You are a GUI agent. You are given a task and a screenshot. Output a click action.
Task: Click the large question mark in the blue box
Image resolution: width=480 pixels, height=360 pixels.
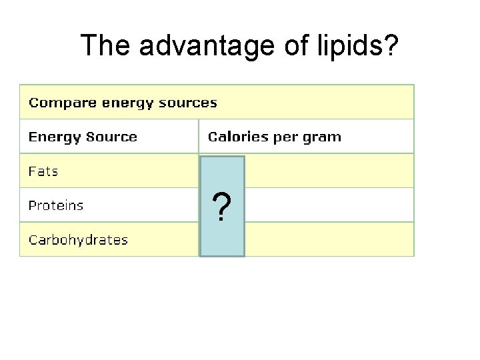(223, 207)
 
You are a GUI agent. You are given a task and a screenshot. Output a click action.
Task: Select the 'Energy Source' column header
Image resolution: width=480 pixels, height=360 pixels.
(83, 137)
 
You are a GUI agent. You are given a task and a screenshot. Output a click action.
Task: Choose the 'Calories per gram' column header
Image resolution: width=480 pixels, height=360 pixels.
(274, 137)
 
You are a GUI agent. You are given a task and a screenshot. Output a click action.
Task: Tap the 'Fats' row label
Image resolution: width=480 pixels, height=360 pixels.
(43, 171)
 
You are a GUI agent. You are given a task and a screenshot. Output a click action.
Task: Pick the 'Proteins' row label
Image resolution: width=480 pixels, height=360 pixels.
(56, 205)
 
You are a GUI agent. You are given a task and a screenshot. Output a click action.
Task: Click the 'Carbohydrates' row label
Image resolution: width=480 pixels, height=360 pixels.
(78, 240)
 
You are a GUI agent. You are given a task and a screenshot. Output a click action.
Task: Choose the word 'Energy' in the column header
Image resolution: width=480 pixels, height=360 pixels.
(49, 137)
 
